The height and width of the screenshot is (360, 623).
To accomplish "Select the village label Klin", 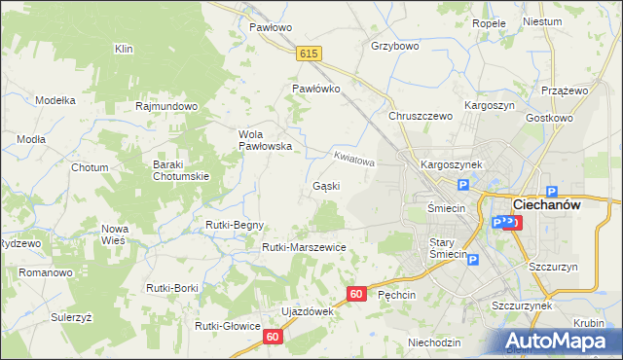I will [x=123, y=49].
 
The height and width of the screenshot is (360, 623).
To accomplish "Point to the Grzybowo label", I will [x=394, y=46].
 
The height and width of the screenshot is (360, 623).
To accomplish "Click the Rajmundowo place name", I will [x=167, y=106].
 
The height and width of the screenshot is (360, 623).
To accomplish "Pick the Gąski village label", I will [x=325, y=186].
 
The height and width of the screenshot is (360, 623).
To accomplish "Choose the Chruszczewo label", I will [x=421, y=116].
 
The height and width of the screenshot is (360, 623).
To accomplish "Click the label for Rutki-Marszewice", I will [x=304, y=247].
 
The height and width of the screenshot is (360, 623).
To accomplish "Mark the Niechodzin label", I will [x=434, y=342].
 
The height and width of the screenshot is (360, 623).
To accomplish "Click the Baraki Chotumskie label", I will [x=180, y=170].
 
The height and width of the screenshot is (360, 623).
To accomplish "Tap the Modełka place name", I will [x=55, y=100].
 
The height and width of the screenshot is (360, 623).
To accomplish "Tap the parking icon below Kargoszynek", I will [x=463, y=185].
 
